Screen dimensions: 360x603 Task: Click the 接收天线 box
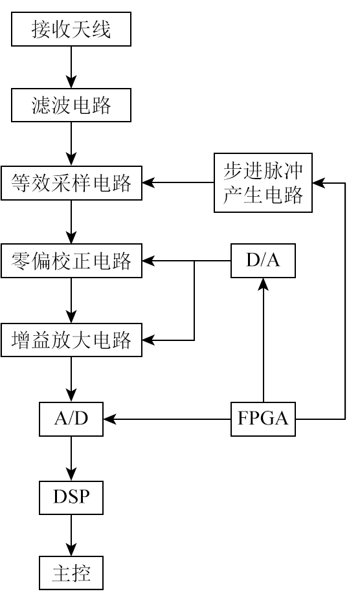pyautogui.click(x=71, y=29)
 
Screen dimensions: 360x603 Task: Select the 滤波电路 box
pyautogui.click(x=71, y=105)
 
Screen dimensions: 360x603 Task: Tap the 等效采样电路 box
pyautogui.click(x=71, y=183)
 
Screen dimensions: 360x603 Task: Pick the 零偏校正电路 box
pyautogui.click(x=71, y=261)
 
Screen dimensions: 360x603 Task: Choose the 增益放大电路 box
pyautogui.click(x=71, y=340)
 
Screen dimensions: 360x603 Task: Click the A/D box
pyautogui.click(x=71, y=419)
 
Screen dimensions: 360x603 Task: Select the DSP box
pyautogui.click(x=71, y=498)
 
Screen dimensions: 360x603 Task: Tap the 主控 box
pyautogui.click(x=71, y=573)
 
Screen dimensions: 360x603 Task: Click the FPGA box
pyautogui.click(x=264, y=419)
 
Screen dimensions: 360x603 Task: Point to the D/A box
pyautogui.click(x=264, y=261)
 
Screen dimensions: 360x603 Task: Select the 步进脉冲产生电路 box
pyautogui.click(x=264, y=182)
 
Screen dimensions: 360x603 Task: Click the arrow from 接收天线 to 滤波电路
pyautogui.click(x=71, y=67)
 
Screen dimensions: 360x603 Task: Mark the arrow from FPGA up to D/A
pyautogui.click(x=264, y=340)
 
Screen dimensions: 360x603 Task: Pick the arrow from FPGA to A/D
pyautogui.click(x=167, y=419)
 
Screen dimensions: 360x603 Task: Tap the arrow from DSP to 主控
pyautogui.click(x=71, y=535)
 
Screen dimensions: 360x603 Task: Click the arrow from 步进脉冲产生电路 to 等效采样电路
pyautogui.click(x=178, y=182)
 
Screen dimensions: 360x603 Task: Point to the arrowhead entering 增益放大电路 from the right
pyautogui.click(x=148, y=340)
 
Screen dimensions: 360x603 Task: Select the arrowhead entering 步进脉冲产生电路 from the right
pyautogui.click(x=319, y=183)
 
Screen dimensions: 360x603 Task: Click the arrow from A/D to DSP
pyautogui.click(x=71, y=459)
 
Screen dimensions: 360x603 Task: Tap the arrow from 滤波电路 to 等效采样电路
pyautogui.click(x=71, y=144)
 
